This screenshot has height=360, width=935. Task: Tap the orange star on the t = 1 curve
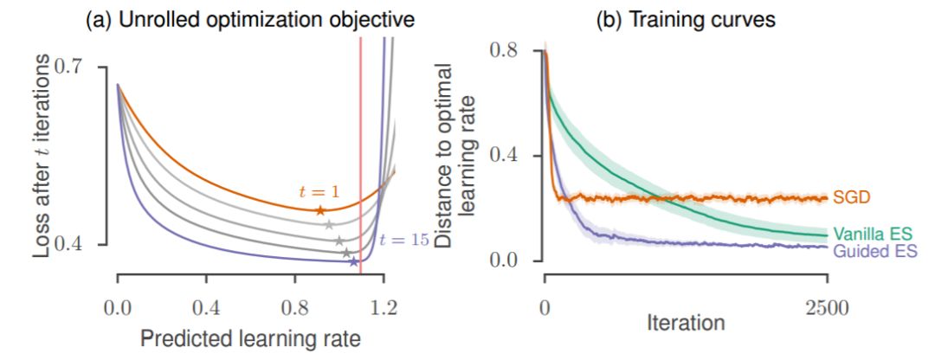(320, 210)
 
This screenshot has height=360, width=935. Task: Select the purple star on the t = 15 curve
(353, 261)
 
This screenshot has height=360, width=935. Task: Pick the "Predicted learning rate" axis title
(250, 337)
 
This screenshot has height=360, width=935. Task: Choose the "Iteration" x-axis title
(686, 325)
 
